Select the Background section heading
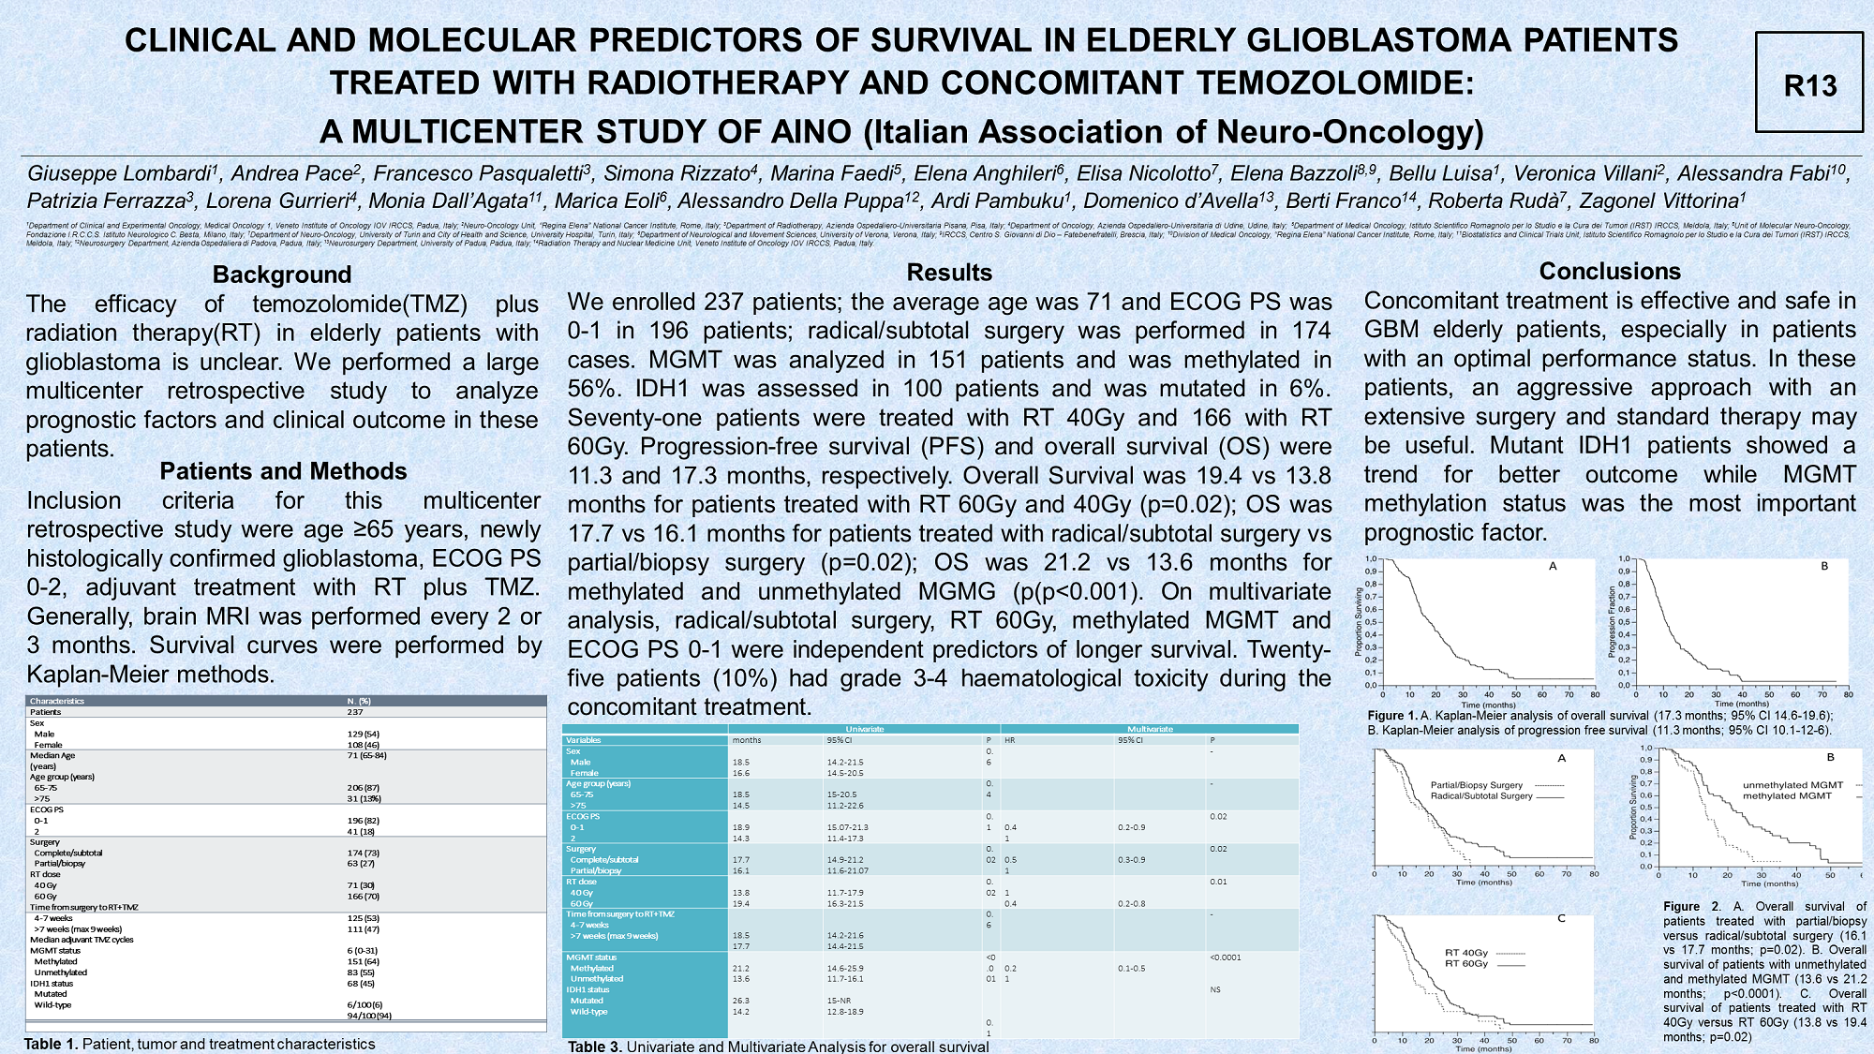282,275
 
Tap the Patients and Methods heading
283,471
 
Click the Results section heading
949,273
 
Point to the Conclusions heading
1610,272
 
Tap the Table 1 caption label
51,1044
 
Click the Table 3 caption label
595,1046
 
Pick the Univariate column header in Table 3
864,729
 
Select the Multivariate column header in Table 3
1150,729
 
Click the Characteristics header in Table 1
57,701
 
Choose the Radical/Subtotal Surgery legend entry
1481,796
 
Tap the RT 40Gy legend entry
1466,953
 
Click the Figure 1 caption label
1392,716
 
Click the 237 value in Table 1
355,712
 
